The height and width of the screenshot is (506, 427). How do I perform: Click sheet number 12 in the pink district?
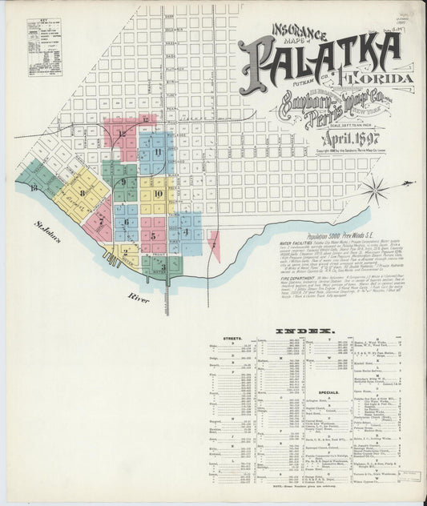coord(122,134)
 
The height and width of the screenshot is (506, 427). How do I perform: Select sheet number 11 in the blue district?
coord(159,151)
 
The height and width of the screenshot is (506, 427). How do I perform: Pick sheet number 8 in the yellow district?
coord(82,192)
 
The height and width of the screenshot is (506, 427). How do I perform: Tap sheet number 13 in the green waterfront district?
coord(32,187)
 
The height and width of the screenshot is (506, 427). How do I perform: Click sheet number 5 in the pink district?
coord(152,236)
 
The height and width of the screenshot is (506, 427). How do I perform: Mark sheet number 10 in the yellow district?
coord(158,194)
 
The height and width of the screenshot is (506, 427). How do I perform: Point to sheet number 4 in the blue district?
coord(185,231)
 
